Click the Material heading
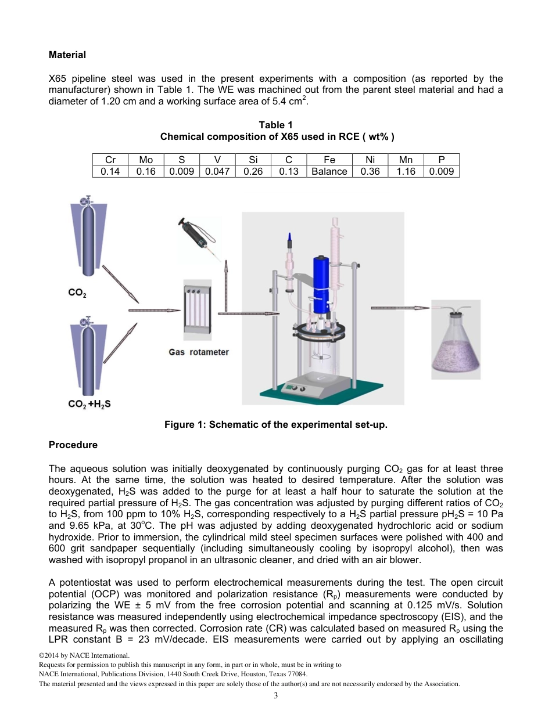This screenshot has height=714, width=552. tap(67, 55)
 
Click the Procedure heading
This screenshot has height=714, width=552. tap(73, 445)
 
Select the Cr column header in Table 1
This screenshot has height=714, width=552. tap(110, 160)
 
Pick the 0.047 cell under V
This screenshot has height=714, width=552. tap(217, 171)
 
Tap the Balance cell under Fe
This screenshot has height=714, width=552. tap(329, 171)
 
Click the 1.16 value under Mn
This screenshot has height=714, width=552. tap(406, 171)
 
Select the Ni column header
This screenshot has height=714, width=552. tap(370, 160)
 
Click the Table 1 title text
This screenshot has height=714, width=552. tap(275, 125)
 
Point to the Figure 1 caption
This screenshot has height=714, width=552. tap(275, 425)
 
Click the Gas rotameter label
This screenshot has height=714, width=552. tap(199, 352)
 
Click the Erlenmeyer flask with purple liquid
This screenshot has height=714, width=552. tap(456, 342)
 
